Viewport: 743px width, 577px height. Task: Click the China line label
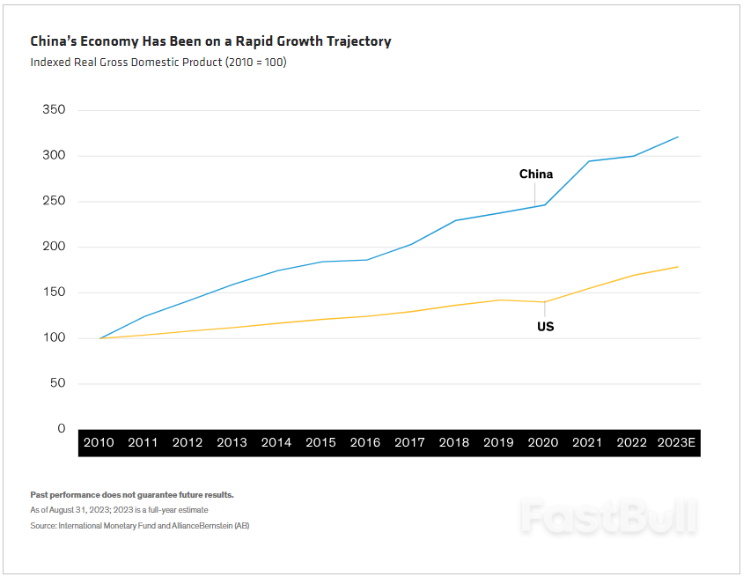(536, 174)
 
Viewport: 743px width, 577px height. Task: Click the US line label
(545, 327)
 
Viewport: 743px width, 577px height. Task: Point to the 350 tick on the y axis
(54, 110)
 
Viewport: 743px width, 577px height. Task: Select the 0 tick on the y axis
(61, 429)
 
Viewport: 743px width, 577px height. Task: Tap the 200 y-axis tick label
(54, 247)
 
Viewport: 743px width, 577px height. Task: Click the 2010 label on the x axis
(99, 442)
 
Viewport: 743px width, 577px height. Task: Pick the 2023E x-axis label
(677, 442)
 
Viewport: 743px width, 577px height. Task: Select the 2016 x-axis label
(365, 442)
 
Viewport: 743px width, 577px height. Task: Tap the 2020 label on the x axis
(543, 442)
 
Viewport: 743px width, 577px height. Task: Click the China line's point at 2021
(588, 161)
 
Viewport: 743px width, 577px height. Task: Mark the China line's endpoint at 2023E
(678, 137)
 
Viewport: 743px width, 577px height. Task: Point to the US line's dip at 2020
(544, 302)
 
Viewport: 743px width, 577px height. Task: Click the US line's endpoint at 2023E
(678, 267)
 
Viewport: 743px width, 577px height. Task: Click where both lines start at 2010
(99, 338)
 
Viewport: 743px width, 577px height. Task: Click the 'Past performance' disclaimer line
(132, 495)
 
